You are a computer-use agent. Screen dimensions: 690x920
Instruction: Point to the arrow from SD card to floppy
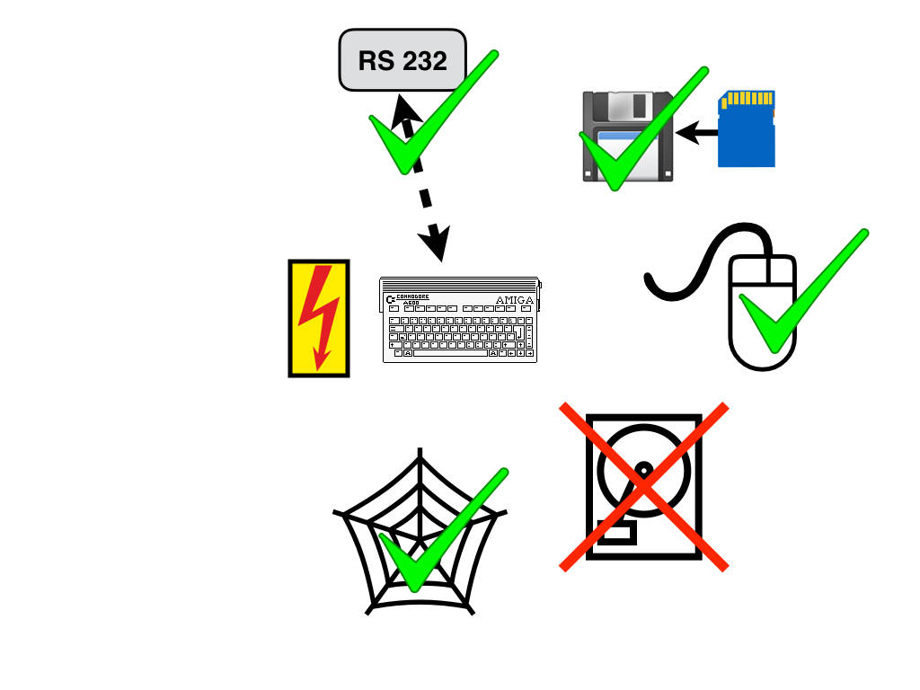click(x=696, y=134)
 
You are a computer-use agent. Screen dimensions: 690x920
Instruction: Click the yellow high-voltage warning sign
click(x=318, y=318)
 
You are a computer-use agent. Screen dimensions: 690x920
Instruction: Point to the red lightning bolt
click(x=319, y=314)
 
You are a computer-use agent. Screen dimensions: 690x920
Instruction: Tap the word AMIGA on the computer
click(x=515, y=299)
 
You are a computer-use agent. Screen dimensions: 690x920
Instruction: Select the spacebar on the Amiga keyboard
click(x=449, y=353)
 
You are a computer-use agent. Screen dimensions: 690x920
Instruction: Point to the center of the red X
click(x=643, y=486)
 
